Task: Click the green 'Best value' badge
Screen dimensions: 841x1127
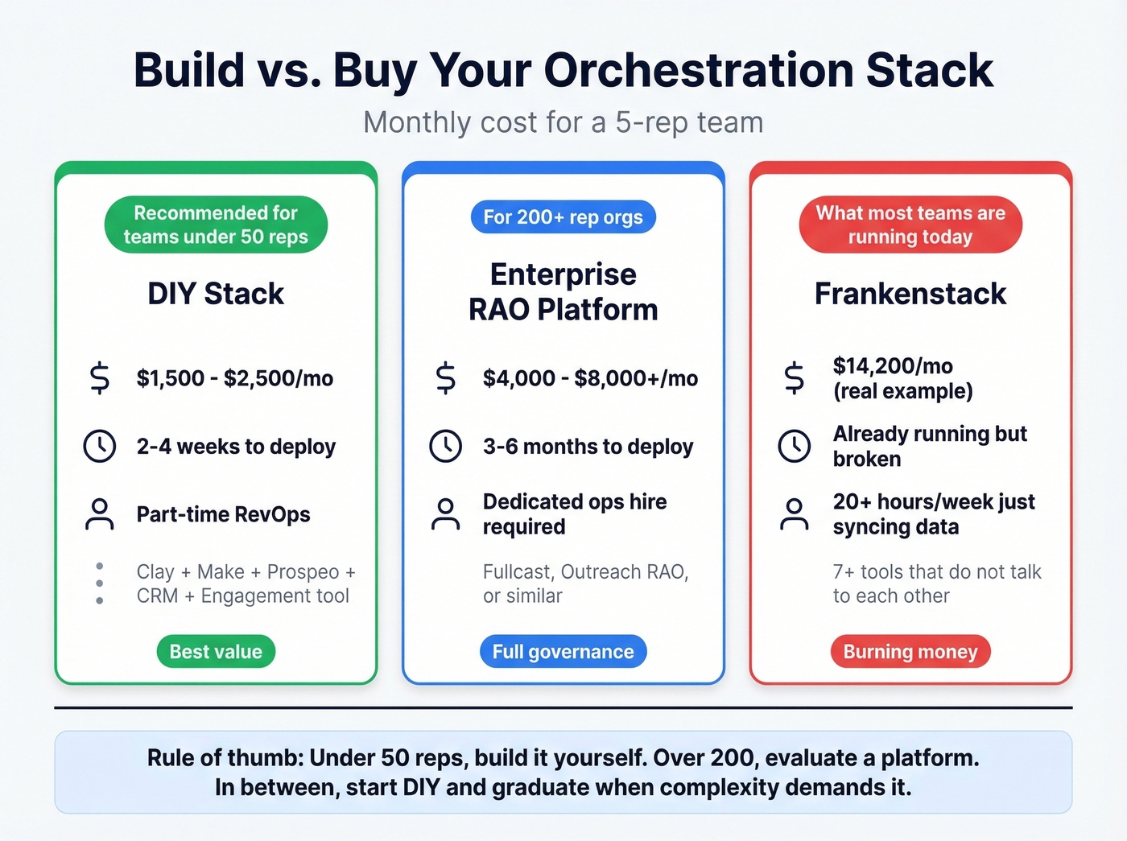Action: [216, 651]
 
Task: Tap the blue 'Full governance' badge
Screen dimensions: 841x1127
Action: [563, 651]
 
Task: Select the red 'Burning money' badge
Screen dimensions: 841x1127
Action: [910, 651]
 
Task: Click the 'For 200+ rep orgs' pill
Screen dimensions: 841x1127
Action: [563, 217]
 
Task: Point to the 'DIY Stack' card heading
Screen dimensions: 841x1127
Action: [216, 294]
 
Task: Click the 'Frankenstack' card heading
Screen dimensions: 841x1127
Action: [910, 294]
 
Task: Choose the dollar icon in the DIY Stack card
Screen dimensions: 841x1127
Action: [99, 378]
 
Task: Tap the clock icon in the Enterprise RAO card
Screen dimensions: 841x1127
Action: [445, 446]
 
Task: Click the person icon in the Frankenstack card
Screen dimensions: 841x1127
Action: [794, 514]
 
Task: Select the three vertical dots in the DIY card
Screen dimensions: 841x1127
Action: [99, 583]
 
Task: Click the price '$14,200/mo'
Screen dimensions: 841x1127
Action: [893, 366]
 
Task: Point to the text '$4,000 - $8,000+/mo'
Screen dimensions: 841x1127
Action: [590, 378]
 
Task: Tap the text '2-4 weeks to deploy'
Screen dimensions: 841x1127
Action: [236, 447]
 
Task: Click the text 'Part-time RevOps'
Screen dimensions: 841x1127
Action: [223, 514]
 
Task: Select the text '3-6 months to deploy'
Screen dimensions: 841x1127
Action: [588, 447]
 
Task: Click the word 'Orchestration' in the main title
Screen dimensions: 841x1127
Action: [699, 70]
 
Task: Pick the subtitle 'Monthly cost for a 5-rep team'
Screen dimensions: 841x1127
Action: [563, 122]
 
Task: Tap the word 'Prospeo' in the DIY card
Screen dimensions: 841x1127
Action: [303, 571]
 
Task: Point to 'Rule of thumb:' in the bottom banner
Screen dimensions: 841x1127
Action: [225, 758]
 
